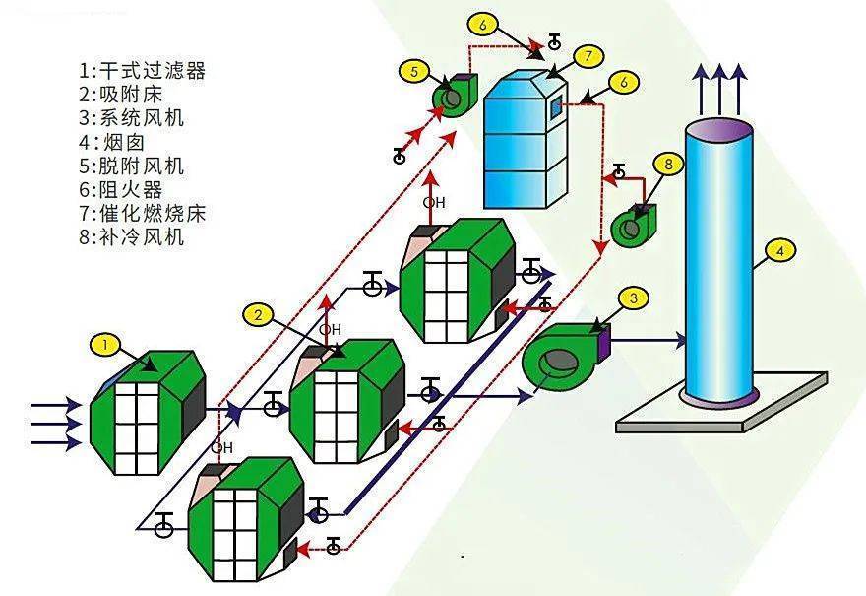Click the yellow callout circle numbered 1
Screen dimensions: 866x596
pyautogui.click(x=105, y=345)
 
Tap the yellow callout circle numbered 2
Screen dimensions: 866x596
pyautogui.click(x=258, y=315)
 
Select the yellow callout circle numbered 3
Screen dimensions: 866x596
pyautogui.click(x=633, y=298)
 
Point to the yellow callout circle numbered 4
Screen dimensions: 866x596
pyautogui.click(x=779, y=251)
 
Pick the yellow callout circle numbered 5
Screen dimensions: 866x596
pyautogui.click(x=414, y=71)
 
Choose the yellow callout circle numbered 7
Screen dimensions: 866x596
pyautogui.click(x=588, y=56)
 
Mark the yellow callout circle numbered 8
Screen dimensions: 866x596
pyautogui.click(x=668, y=164)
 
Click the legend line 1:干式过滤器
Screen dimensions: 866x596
pyautogui.click(x=142, y=70)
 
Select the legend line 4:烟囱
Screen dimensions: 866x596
pyautogui.click(x=111, y=142)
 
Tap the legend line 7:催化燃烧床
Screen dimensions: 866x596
pyautogui.click(x=142, y=214)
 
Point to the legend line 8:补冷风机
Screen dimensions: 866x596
pyautogui.click(x=131, y=237)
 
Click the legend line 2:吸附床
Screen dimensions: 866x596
pyautogui.click(x=120, y=94)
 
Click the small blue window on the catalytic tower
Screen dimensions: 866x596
pyautogui.click(x=555, y=106)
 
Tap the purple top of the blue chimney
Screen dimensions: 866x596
pyautogui.click(x=718, y=130)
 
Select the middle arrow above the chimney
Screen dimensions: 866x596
pyautogui.click(x=719, y=90)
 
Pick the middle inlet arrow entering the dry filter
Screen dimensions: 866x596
pyautogui.click(x=55, y=424)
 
